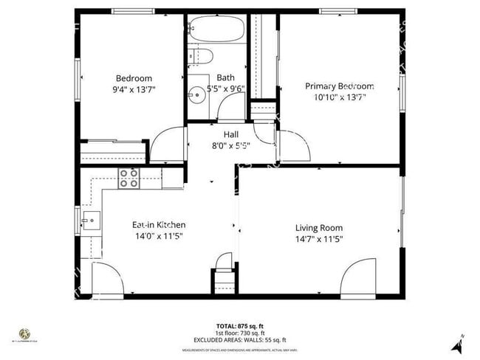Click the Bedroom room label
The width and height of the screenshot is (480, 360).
(x=134, y=78)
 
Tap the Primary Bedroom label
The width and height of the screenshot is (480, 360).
(x=340, y=86)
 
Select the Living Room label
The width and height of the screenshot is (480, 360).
(x=319, y=228)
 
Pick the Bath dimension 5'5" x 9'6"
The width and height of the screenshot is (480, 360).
(x=225, y=89)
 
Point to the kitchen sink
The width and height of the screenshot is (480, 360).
(x=92, y=219)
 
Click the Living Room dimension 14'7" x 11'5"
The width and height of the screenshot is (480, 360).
(x=319, y=239)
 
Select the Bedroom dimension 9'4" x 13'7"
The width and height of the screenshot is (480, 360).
(x=134, y=89)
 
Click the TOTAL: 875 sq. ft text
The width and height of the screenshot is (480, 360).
(x=239, y=325)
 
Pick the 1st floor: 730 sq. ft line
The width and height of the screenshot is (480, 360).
(x=239, y=333)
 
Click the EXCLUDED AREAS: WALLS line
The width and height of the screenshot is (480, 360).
(x=239, y=339)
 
